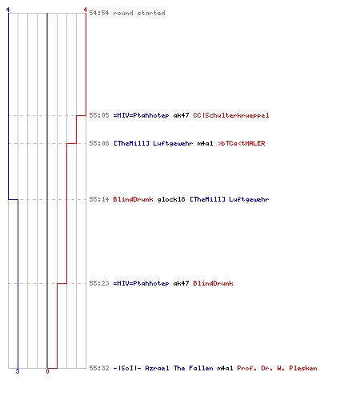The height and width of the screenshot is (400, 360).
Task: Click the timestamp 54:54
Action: pyautogui.click(x=99, y=13)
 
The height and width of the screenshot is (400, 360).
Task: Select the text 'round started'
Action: pyautogui.click(x=139, y=13)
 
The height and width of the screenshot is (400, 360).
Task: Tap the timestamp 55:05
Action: pyautogui.click(x=99, y=115)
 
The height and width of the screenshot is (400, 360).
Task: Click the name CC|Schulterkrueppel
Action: pyautogui.click(x=231, y=115)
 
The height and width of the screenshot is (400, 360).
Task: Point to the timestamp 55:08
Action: pyautogui.click(x=99, y=143)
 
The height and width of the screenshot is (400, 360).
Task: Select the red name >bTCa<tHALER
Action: pyautogui.click(x=242, y=143)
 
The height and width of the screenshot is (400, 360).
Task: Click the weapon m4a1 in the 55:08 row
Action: pyautogui.click(x=205, y=143)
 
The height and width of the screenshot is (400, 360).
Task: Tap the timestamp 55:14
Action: pyautogui.click(x=99, y=199)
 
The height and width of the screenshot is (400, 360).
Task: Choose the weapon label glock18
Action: pyautogui.click(x=171, y=199)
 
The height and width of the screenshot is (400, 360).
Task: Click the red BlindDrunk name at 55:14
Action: pyautogui.click(x=133, y=199)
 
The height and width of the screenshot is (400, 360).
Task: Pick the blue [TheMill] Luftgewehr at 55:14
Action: pyautogui.click(x=230, y=199)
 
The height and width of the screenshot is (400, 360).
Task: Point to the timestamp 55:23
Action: pyautogui.click(x=99, y=283)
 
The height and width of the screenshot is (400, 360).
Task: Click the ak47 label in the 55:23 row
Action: pyautogui.click(x=181, y=283)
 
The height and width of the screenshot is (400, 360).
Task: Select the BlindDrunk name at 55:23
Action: pyautogui.click(x=213, y=283)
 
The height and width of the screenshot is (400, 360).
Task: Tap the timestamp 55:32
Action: pyautogui.click(x=99, y=368)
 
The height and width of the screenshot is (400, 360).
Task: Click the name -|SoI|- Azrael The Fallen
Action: pyautogui.click(x=163, y=368)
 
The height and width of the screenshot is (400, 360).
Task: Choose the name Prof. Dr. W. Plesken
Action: pyautogui.click(x=277, y=368)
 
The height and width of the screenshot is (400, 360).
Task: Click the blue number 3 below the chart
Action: pyautogui.click(x=18, y=371)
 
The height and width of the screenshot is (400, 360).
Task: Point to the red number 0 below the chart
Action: pyautogui.click(x=47, y=371)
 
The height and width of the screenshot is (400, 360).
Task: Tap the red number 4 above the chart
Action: pyautogui.click(x=86, y=10)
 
